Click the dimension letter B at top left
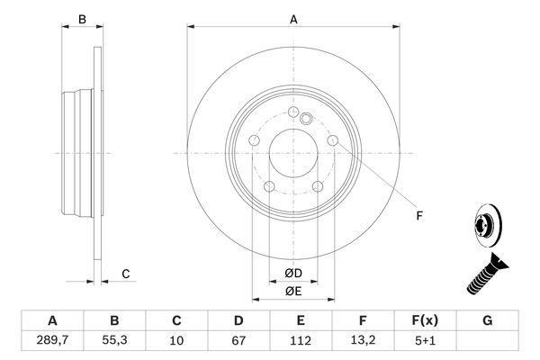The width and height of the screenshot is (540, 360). pyautogui.click(x=81, y=19)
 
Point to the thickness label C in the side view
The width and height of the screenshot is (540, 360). pyautogui.click(x=126, y=274)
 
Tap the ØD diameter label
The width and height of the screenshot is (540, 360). pyautogui.click(x=293, y=274)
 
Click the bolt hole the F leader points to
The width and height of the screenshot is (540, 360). pyautogui.click(x=333, y=141)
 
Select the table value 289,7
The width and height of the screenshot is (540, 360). pyautogui.click(x=52, y=339)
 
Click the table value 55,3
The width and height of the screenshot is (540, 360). pyautogui.click(x=114, y=339)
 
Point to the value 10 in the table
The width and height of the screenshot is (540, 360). pyautogui.click(x=176, y=339)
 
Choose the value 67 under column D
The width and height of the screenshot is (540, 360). pyautogui.click(x=238, y=339)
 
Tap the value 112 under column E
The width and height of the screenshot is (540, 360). pyautogui.click(x=301, y=339)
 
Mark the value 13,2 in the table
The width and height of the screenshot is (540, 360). pyautogui.click(x=363, y=339)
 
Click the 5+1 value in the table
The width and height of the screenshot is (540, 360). pyautogui.click(x=425, y=339)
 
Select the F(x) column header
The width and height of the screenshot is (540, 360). pyautogui.click(x=425, y=320)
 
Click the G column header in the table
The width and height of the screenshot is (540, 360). pyautogui.click(x=487, y=320)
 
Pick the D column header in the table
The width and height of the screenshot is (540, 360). pyautogui.click(x=238, y=320)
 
